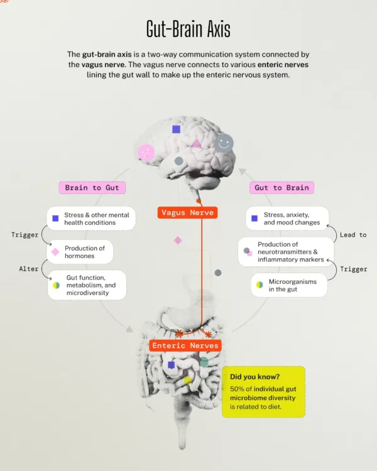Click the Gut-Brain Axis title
click(x=188, y=29)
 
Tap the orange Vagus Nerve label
click(x=187, y=213)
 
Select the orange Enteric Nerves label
click(x=185, y=345)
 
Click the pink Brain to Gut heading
click(x=92, y=188)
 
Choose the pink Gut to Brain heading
click(x=281, y=188)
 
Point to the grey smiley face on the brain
click(x=224, y=143)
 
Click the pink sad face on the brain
click(x=146, y=153)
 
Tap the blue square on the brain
click(x=176, y=129)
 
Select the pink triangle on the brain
click(x=197, y=144)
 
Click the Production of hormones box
click(x=80, y=252)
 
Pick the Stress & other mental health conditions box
click(x=91, y=219)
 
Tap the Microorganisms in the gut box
click(x=289, y=285)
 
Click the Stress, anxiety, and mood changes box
click(x=287, y=219)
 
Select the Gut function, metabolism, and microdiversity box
click(x=87, y=284)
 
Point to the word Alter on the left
click(x=29, y=269)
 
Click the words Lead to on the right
click(x=353, y=235)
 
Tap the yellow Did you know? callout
click(x=264, y=392)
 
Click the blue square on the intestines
click(x=171, y=365)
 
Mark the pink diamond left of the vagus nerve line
click(x=178, y=241)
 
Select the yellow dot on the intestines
click(x=188, y=381)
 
